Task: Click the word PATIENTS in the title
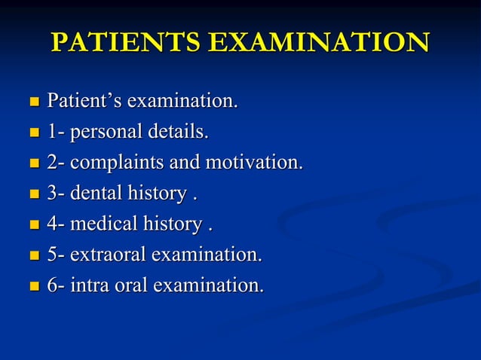(125, 42)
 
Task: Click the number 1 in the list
(53, 133)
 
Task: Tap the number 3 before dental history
(53, 194)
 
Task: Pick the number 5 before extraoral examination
(53, 255)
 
